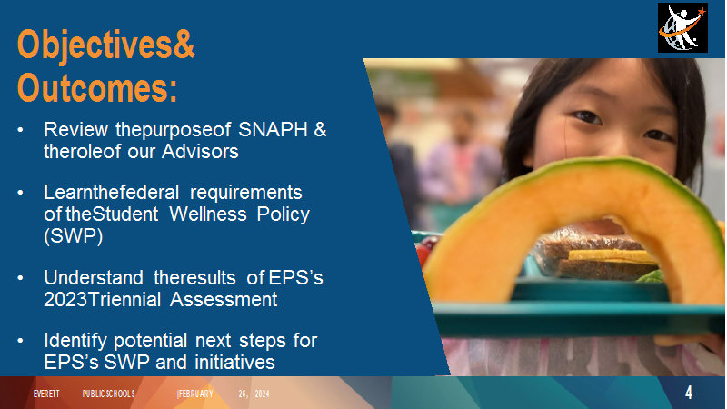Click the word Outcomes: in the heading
(97, 87)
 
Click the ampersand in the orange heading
(184, 44)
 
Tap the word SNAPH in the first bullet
(273, 129)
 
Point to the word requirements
(245, 193)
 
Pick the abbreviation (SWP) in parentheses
(74, 236)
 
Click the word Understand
(94, 278)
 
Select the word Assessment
(224, 300)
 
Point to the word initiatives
(234, 363)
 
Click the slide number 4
(689, 393)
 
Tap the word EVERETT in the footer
(46, 394)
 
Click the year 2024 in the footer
(262, 394)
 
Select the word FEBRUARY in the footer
(195, 394)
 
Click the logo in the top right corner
(682, 27)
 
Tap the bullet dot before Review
(20, 130)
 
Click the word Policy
(284, 214)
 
